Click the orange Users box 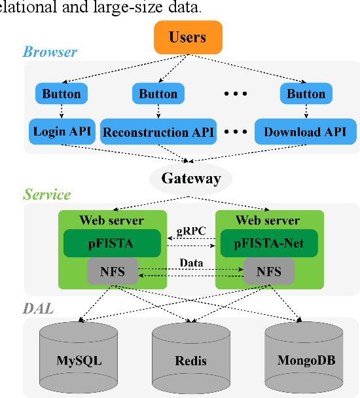click(189, 37)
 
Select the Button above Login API click(62, 94)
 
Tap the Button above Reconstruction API click(158, 94)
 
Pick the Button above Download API click(306, 94)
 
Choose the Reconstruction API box click(158, 132)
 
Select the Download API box click(305, 132)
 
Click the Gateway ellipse click(190, 178)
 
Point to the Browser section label click(50, 52)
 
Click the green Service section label click(46, 194)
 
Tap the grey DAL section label click(38, 308)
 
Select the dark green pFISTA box click(112, 244)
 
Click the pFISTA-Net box click(268, 244)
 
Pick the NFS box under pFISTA click(112, 271)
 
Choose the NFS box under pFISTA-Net click(268, 271)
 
